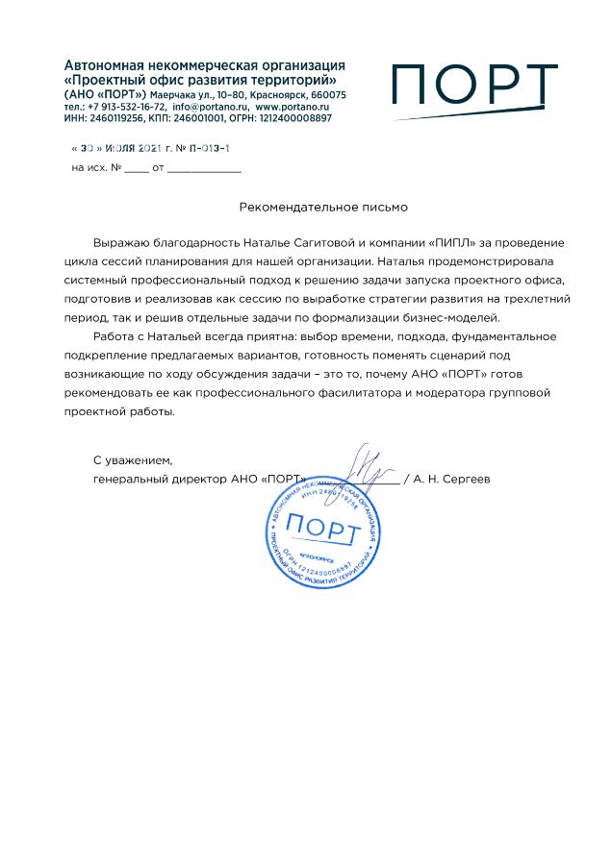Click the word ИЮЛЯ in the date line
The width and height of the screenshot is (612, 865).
coord(120,150)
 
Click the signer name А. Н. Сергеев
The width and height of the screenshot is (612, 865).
coord(451,478)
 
